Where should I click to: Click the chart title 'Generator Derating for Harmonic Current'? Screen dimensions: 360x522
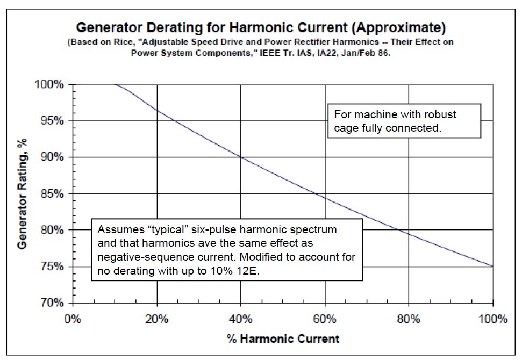(261, 27)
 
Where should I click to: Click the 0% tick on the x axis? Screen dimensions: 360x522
(72, 319)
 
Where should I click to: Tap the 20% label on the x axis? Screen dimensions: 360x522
(156, 319)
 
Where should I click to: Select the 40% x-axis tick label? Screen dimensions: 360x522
(241, 319)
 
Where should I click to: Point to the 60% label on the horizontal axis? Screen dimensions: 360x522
(325, 319)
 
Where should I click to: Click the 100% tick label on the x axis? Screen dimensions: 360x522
(493, 319)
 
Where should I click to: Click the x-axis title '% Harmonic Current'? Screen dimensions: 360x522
(282, 339)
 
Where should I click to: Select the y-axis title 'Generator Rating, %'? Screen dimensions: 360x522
(23, 194)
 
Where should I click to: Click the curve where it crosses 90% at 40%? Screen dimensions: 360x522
(241, 157)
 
